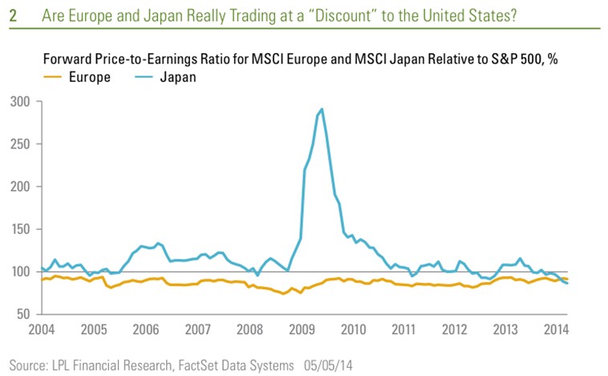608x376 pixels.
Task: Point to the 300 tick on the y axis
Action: (x=21, y=102)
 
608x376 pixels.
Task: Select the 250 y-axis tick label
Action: (x=21, y=145)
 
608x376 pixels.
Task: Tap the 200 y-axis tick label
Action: (x=21, y=187)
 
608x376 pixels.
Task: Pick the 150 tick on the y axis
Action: (x=21, y=230)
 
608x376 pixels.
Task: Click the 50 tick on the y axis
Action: (x=24, y=314)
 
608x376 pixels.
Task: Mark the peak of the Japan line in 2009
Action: (x=322, y=108)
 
